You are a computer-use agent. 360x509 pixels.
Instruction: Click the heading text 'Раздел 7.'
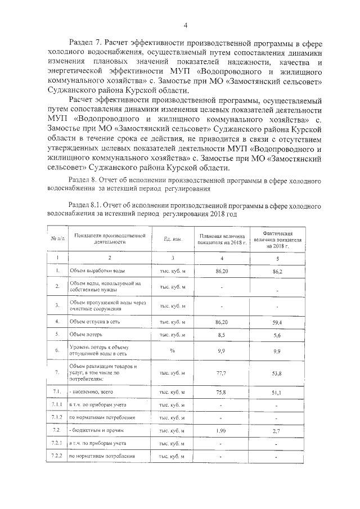(x=87, y=42)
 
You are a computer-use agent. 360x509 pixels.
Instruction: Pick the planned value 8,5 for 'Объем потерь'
(x=221, y=334)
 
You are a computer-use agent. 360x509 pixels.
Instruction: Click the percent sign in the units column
(x=172, y=350)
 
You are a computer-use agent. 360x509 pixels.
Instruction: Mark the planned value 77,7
(x=221, y=373)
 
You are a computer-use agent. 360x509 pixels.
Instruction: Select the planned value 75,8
(x=221, y=392)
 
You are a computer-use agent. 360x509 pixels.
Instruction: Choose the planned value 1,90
(x=221, y=431)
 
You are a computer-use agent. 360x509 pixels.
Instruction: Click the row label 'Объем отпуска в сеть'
(x=95, y=322)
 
